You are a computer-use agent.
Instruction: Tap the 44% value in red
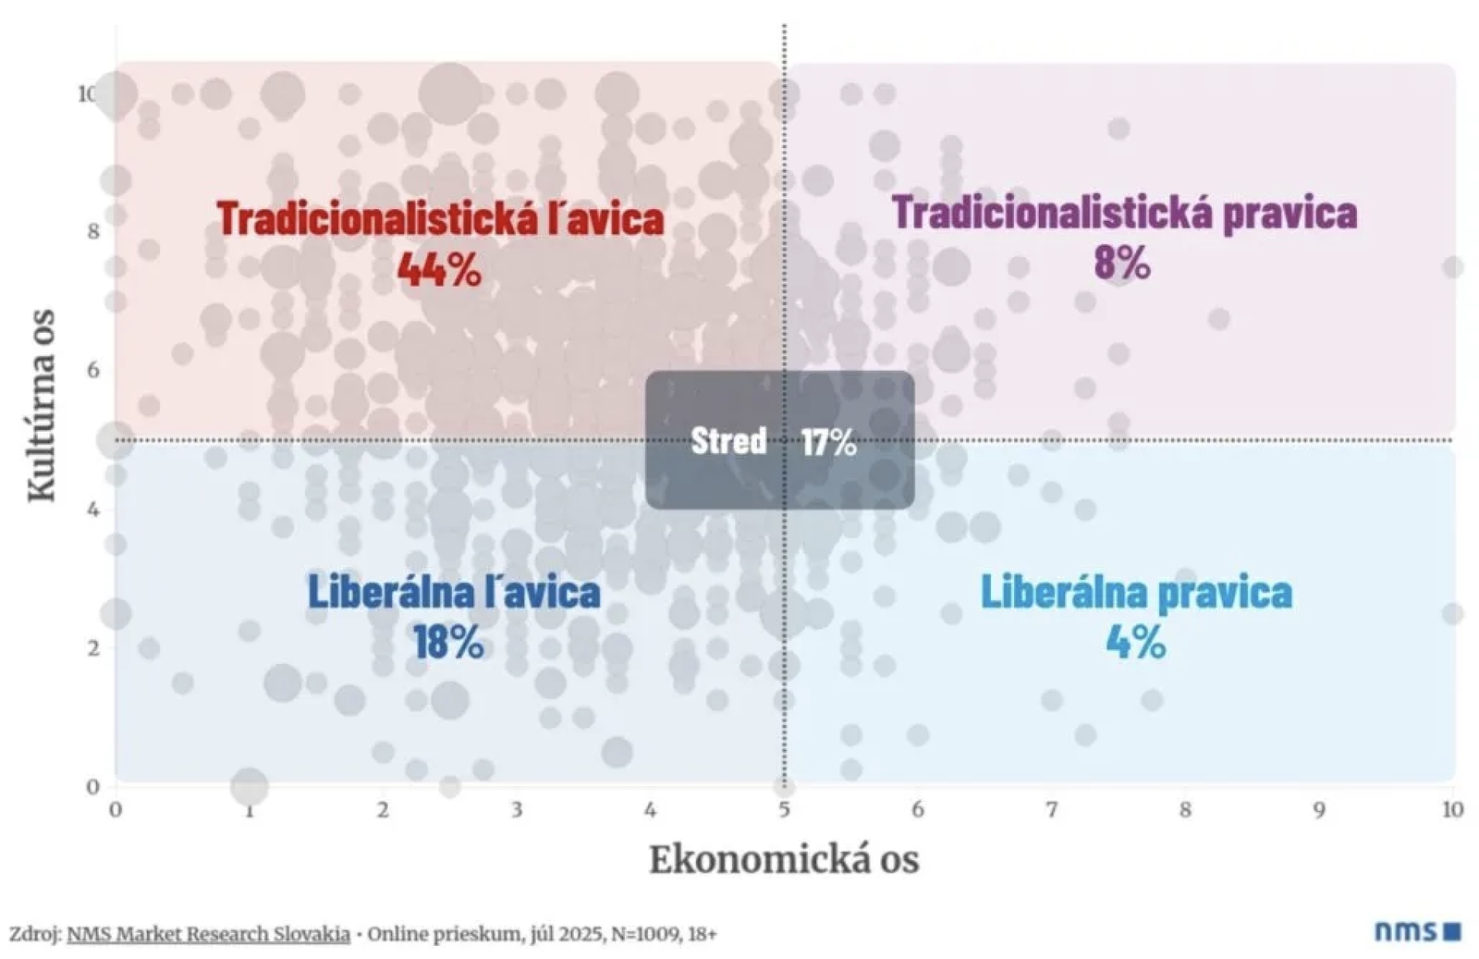(x=439, y=269)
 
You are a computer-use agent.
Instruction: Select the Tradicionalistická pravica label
(x=1124, y=213)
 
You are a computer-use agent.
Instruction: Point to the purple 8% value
(x=1122, y=263)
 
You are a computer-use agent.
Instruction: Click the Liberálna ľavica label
(x=454, y=592)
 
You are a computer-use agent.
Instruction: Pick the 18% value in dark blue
(x=448, y=642)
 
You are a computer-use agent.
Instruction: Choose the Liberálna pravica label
(x=1136, y=592)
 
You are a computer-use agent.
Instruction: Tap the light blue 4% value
(x=1136, y=641)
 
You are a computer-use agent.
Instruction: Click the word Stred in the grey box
(x=728, y=440)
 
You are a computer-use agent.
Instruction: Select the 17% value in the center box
(x=828, y=442)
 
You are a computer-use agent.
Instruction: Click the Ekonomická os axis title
(x=784, y=859)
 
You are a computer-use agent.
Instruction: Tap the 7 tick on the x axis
(x=1051, y=810)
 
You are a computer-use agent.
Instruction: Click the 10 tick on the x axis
(x=1452, y=810)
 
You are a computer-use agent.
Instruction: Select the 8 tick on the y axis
(x=93, y=231)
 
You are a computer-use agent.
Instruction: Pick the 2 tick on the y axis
(x=93, y=648)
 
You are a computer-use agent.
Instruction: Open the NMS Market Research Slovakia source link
(x=208, y=934)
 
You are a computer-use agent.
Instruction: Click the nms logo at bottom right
(x=1416, y=930)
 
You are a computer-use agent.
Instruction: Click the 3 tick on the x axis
(x=516, y=810)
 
